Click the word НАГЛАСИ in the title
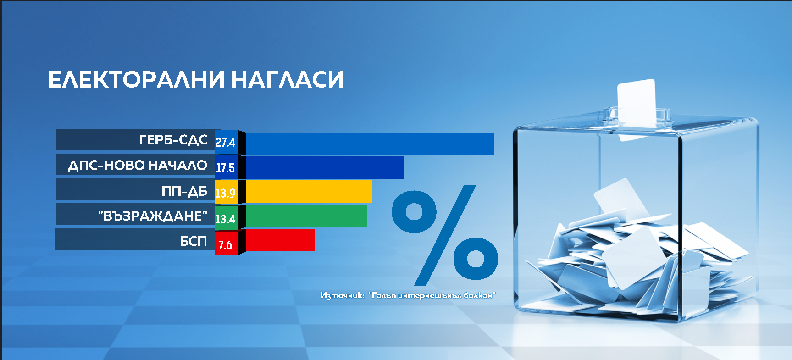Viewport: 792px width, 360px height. pos(288,79)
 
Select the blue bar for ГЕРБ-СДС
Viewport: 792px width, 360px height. pos(370,144)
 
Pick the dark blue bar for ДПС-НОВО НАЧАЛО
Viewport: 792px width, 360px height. pos(325,167)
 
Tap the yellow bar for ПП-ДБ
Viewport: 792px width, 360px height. pos(309,191)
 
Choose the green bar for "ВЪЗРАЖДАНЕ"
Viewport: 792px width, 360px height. pos(307,216)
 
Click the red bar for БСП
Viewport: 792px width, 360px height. pos(280,240)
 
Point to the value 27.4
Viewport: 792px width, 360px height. pos(225,143)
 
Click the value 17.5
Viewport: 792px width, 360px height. pos(225,168)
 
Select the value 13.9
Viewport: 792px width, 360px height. pos(225,193)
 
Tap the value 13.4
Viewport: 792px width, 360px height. pos(225,219)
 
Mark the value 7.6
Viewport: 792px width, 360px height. pos(225,245)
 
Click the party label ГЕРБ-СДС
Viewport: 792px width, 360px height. pos(173,139)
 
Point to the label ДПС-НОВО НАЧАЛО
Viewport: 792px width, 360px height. pos(138,165)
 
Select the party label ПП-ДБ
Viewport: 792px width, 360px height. pos(184,191)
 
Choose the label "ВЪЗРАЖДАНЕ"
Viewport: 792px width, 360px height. pos(153,216)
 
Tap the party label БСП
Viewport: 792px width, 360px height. pos(194,241)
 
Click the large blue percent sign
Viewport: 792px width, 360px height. pos(445,235)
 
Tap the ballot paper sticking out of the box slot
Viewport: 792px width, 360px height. pos(637,104)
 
